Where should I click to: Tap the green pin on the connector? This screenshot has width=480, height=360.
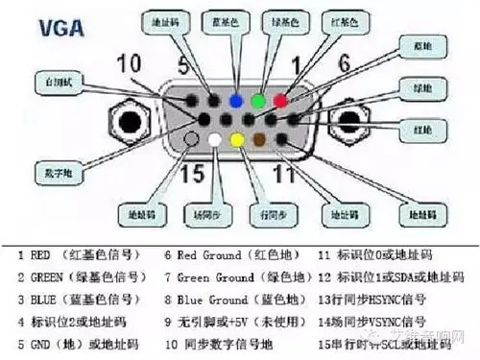pyautogui.click(x=257, y=99)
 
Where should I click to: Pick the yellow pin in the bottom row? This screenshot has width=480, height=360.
pyautogui.click(x=236, y=140)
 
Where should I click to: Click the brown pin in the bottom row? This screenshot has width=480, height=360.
pyautogui.click(x=258, y=140)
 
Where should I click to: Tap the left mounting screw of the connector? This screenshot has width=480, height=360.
pyautogui.click(x=128, y=122)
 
